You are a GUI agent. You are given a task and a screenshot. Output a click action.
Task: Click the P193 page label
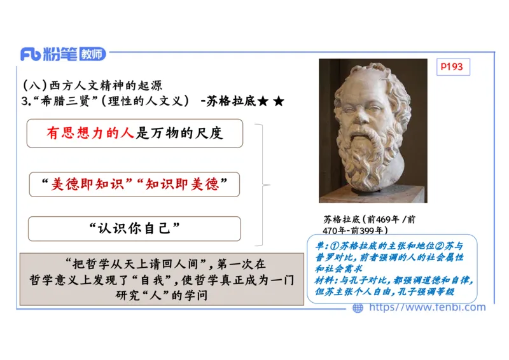coord(453,66)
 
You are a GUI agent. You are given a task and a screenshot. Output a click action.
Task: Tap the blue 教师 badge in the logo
coord(93,54)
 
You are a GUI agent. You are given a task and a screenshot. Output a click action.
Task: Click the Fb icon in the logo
coord(30,54)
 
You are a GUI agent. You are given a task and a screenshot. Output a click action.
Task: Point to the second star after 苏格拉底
coord(278,100)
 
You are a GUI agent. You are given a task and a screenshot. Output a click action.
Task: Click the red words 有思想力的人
coord(91,134)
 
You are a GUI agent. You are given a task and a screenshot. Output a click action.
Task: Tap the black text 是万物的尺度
coord(179,134)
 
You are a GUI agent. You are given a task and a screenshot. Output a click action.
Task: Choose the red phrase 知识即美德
coord(182,184)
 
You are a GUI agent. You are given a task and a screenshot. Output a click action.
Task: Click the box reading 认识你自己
coord(134,228)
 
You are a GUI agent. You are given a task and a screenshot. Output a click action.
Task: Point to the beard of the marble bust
coord(372,159)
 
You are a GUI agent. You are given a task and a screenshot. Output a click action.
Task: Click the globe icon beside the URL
coord(358,308)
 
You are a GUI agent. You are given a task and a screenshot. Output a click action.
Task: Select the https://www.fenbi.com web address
coord(427,308)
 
